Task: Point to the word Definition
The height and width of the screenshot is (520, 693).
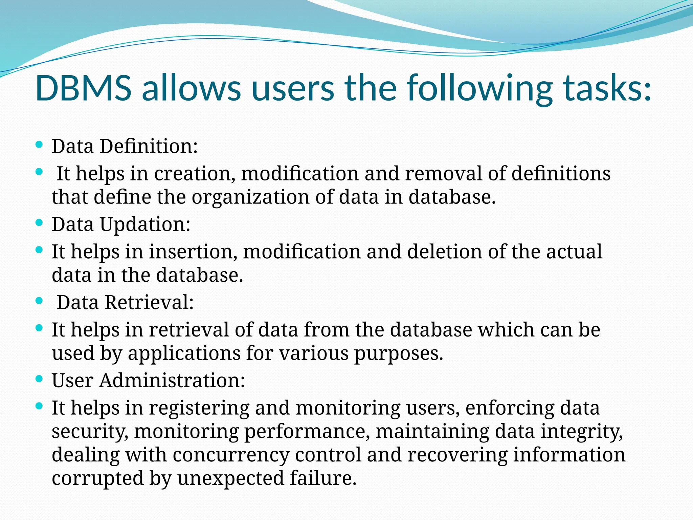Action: coord(148,147)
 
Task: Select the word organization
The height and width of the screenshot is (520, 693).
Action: coord(250,197)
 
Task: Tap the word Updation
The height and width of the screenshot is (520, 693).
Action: coord(145,225)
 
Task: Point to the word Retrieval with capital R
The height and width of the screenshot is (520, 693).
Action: coord(149,302)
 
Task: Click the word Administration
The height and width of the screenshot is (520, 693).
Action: coord(172,381)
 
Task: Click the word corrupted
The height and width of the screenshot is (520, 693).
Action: coord(98,479)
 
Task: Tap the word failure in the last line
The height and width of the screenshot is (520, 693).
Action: coord(323,478)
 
